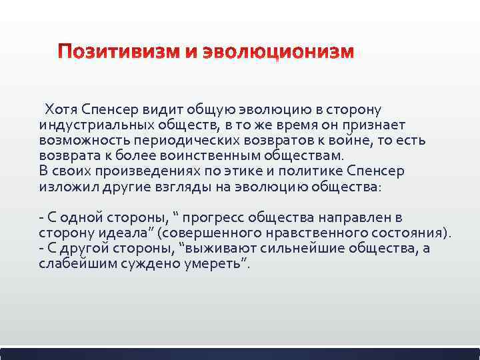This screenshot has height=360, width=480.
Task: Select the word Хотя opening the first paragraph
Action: click(x=59, y=109)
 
